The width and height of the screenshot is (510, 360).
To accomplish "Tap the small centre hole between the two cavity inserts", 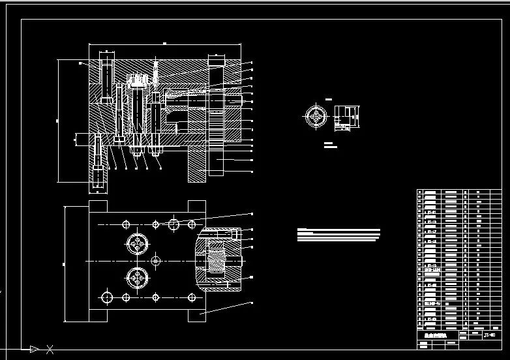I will [x=155, y=261].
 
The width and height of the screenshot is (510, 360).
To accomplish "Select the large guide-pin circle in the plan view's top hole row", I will [x=173, y=225].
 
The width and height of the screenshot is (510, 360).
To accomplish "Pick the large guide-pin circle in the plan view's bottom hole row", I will [x=106, y=298].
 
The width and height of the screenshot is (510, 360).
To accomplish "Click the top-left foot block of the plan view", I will [x=98, y=205].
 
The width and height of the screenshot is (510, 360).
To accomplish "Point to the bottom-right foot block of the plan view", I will [x=198, y=315].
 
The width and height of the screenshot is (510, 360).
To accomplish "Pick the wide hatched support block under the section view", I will [x=198, y=163].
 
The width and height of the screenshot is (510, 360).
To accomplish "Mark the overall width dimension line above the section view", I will [x=165, y=44].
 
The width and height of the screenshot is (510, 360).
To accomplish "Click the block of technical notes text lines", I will [x=337, y=235].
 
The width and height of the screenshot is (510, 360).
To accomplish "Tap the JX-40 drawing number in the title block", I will [x=488, y=335].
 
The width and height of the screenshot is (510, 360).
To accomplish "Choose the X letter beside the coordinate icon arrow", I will [x=50, y=350].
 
